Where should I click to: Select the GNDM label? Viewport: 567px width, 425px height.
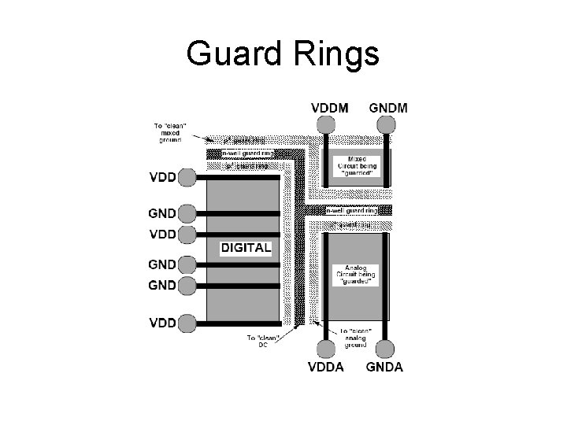pos(388,108)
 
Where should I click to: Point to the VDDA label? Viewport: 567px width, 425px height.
pos(324,367)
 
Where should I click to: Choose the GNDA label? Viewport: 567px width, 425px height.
pos(384,367)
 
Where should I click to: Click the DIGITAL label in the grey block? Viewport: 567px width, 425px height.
pos(246,248)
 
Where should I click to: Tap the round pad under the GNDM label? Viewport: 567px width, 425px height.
pos(385,124)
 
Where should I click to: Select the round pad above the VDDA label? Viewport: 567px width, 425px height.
pos(324,349)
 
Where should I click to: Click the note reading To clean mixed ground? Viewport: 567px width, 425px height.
pos(167,134)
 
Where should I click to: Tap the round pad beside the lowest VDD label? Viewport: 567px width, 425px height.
pos(187,323)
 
